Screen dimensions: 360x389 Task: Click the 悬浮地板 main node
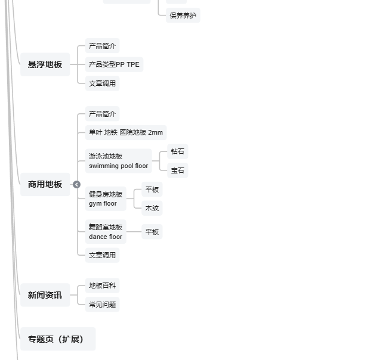(45, 64)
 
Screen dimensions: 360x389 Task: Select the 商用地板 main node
(45, 184)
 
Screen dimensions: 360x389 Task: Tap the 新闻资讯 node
(45, 295)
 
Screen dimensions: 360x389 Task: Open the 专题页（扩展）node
(57, 339)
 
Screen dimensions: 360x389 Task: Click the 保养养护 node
(183, 15)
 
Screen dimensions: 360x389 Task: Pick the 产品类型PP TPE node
(114, 64)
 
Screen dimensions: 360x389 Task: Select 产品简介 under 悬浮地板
(102, 46)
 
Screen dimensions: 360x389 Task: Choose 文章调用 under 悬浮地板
(102, 83)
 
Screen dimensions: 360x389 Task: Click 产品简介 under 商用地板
(102, 114)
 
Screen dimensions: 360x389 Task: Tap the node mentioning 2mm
(125, 132)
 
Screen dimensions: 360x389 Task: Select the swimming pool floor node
(118, 161)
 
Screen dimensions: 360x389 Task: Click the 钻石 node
(177, 151)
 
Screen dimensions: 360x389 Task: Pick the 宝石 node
(177, 170)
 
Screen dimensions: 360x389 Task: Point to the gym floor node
(105, 198)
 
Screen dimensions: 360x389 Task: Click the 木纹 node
(152, 208)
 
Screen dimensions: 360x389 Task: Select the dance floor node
(105, 232)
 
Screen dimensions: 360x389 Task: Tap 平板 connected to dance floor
(152, 232)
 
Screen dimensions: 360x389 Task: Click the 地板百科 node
(102, 285)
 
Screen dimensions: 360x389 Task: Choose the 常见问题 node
(102, 305)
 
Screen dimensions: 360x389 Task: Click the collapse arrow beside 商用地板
(76, 185)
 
